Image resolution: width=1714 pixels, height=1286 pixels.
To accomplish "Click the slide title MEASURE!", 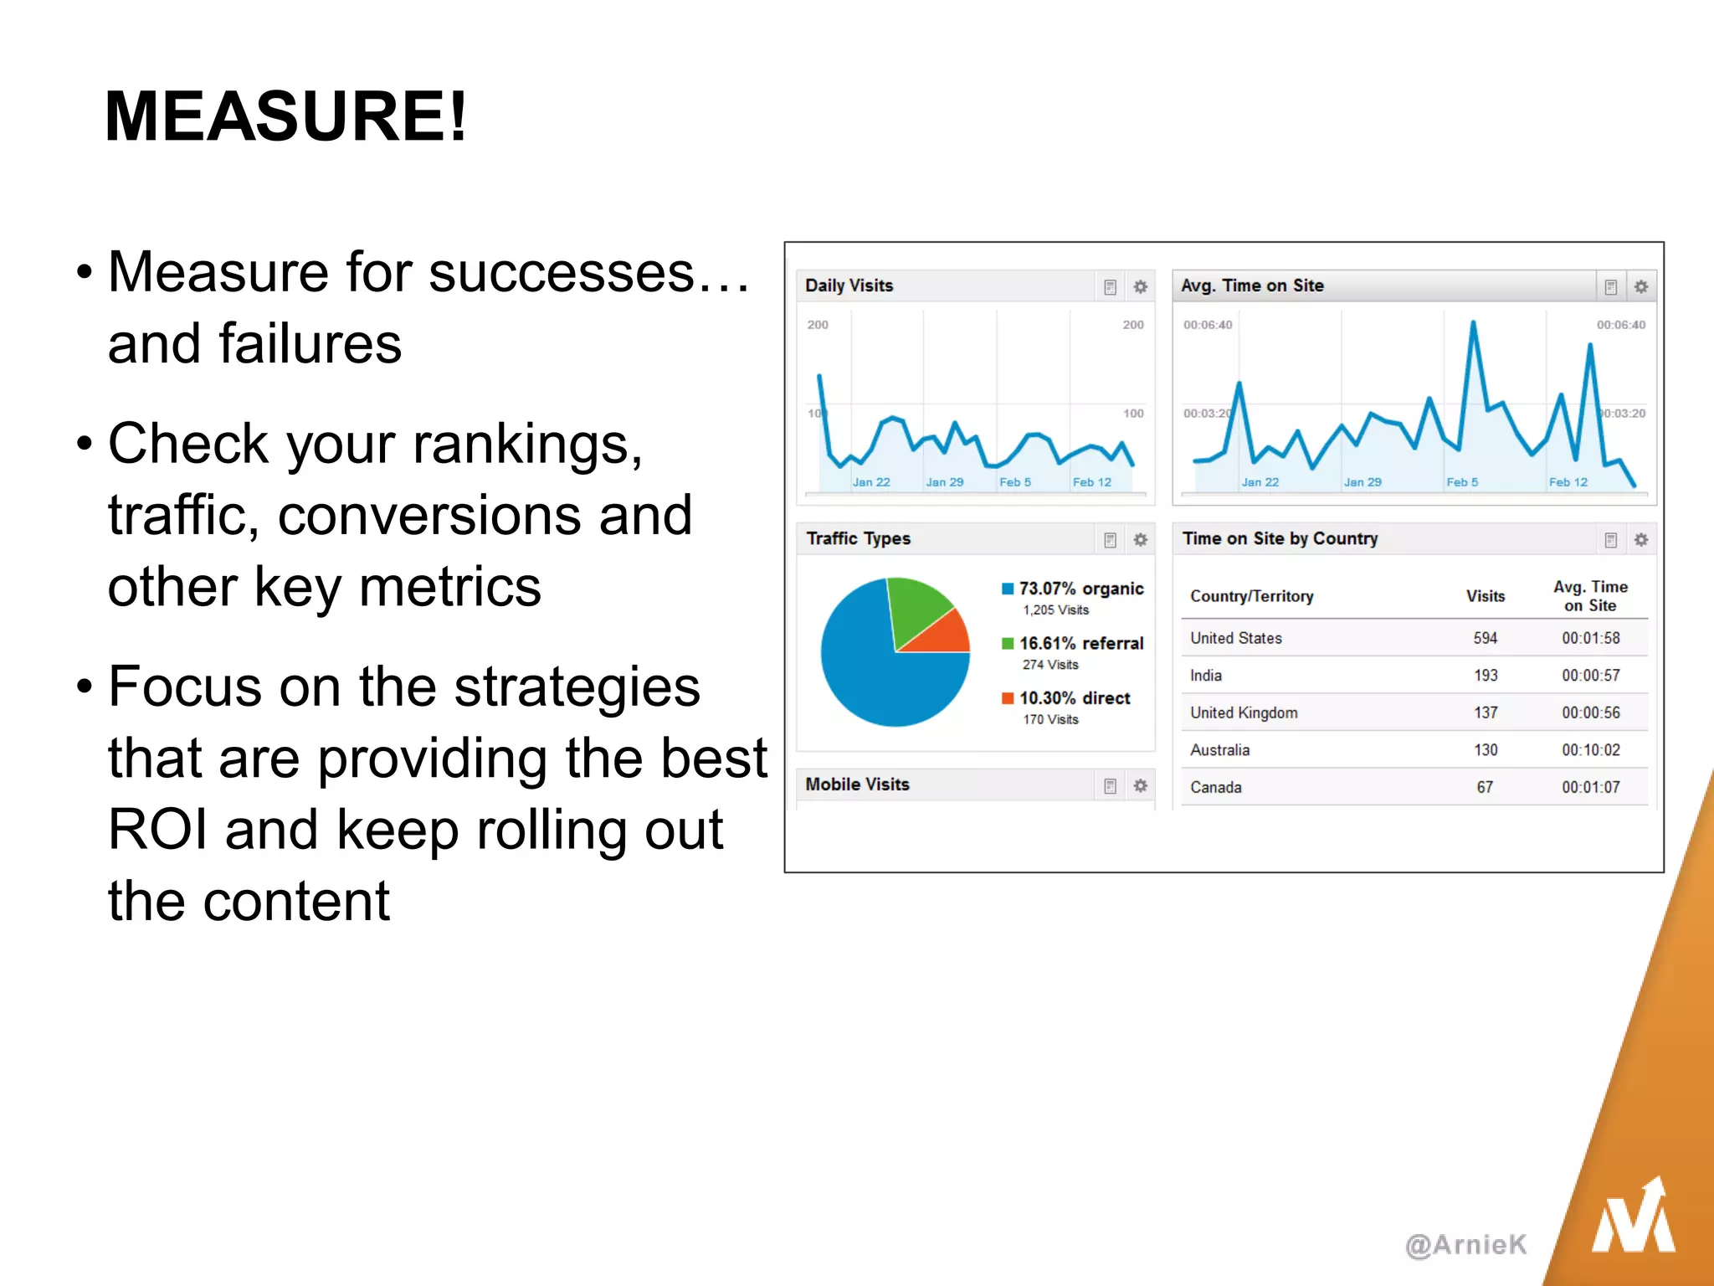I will click(x=285, y=116).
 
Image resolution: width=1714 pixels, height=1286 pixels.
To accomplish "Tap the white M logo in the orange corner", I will click(x=1633, y=1218).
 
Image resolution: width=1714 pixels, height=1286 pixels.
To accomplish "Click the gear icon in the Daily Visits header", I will click(x=1140, y=287).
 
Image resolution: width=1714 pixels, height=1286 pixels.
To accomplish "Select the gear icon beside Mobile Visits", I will click(x=1140, y=785).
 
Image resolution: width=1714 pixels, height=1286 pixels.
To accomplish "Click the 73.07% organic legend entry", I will click(x=1080, y=589).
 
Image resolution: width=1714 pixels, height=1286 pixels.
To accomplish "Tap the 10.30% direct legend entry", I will click(x=1074, y=698).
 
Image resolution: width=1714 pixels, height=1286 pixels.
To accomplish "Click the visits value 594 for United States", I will click(x=1485, y=638).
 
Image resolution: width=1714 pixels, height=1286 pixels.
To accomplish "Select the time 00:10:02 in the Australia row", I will click(x=1590, y=750).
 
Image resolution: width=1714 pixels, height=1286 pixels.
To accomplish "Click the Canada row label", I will click(x=1215, y=787).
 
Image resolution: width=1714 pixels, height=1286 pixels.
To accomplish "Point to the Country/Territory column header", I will click(x=1251, y=596).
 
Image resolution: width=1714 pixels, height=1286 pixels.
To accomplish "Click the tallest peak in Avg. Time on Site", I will click(x=1473, y=323).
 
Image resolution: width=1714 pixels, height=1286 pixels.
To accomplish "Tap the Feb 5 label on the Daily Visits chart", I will click(x=1014, y=482).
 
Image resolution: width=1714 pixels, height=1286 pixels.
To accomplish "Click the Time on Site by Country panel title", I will click(x=1279, y=538).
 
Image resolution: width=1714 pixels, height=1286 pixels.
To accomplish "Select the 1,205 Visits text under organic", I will click(x=1055, y=610).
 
